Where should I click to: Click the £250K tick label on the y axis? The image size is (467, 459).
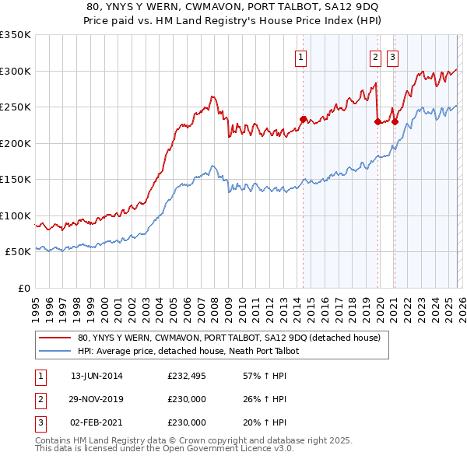[x=16, y=107]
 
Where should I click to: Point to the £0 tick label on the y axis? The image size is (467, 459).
[x=24, y=288]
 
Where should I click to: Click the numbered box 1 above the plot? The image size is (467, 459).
[x=301, y=56]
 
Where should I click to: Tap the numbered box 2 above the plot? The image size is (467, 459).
[x=375, y=56]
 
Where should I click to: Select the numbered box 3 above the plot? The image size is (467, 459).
[x=392, y=56]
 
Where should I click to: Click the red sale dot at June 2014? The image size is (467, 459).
[x=303, y=119]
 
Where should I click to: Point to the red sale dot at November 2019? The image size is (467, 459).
[x=377, y=121]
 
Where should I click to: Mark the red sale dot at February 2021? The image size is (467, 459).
[x=395, y=121]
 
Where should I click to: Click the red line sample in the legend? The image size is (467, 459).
[x=56, y=338]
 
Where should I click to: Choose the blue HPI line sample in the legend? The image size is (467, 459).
[x=56, y=352]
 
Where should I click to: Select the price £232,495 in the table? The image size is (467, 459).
[x=186, y=376]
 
